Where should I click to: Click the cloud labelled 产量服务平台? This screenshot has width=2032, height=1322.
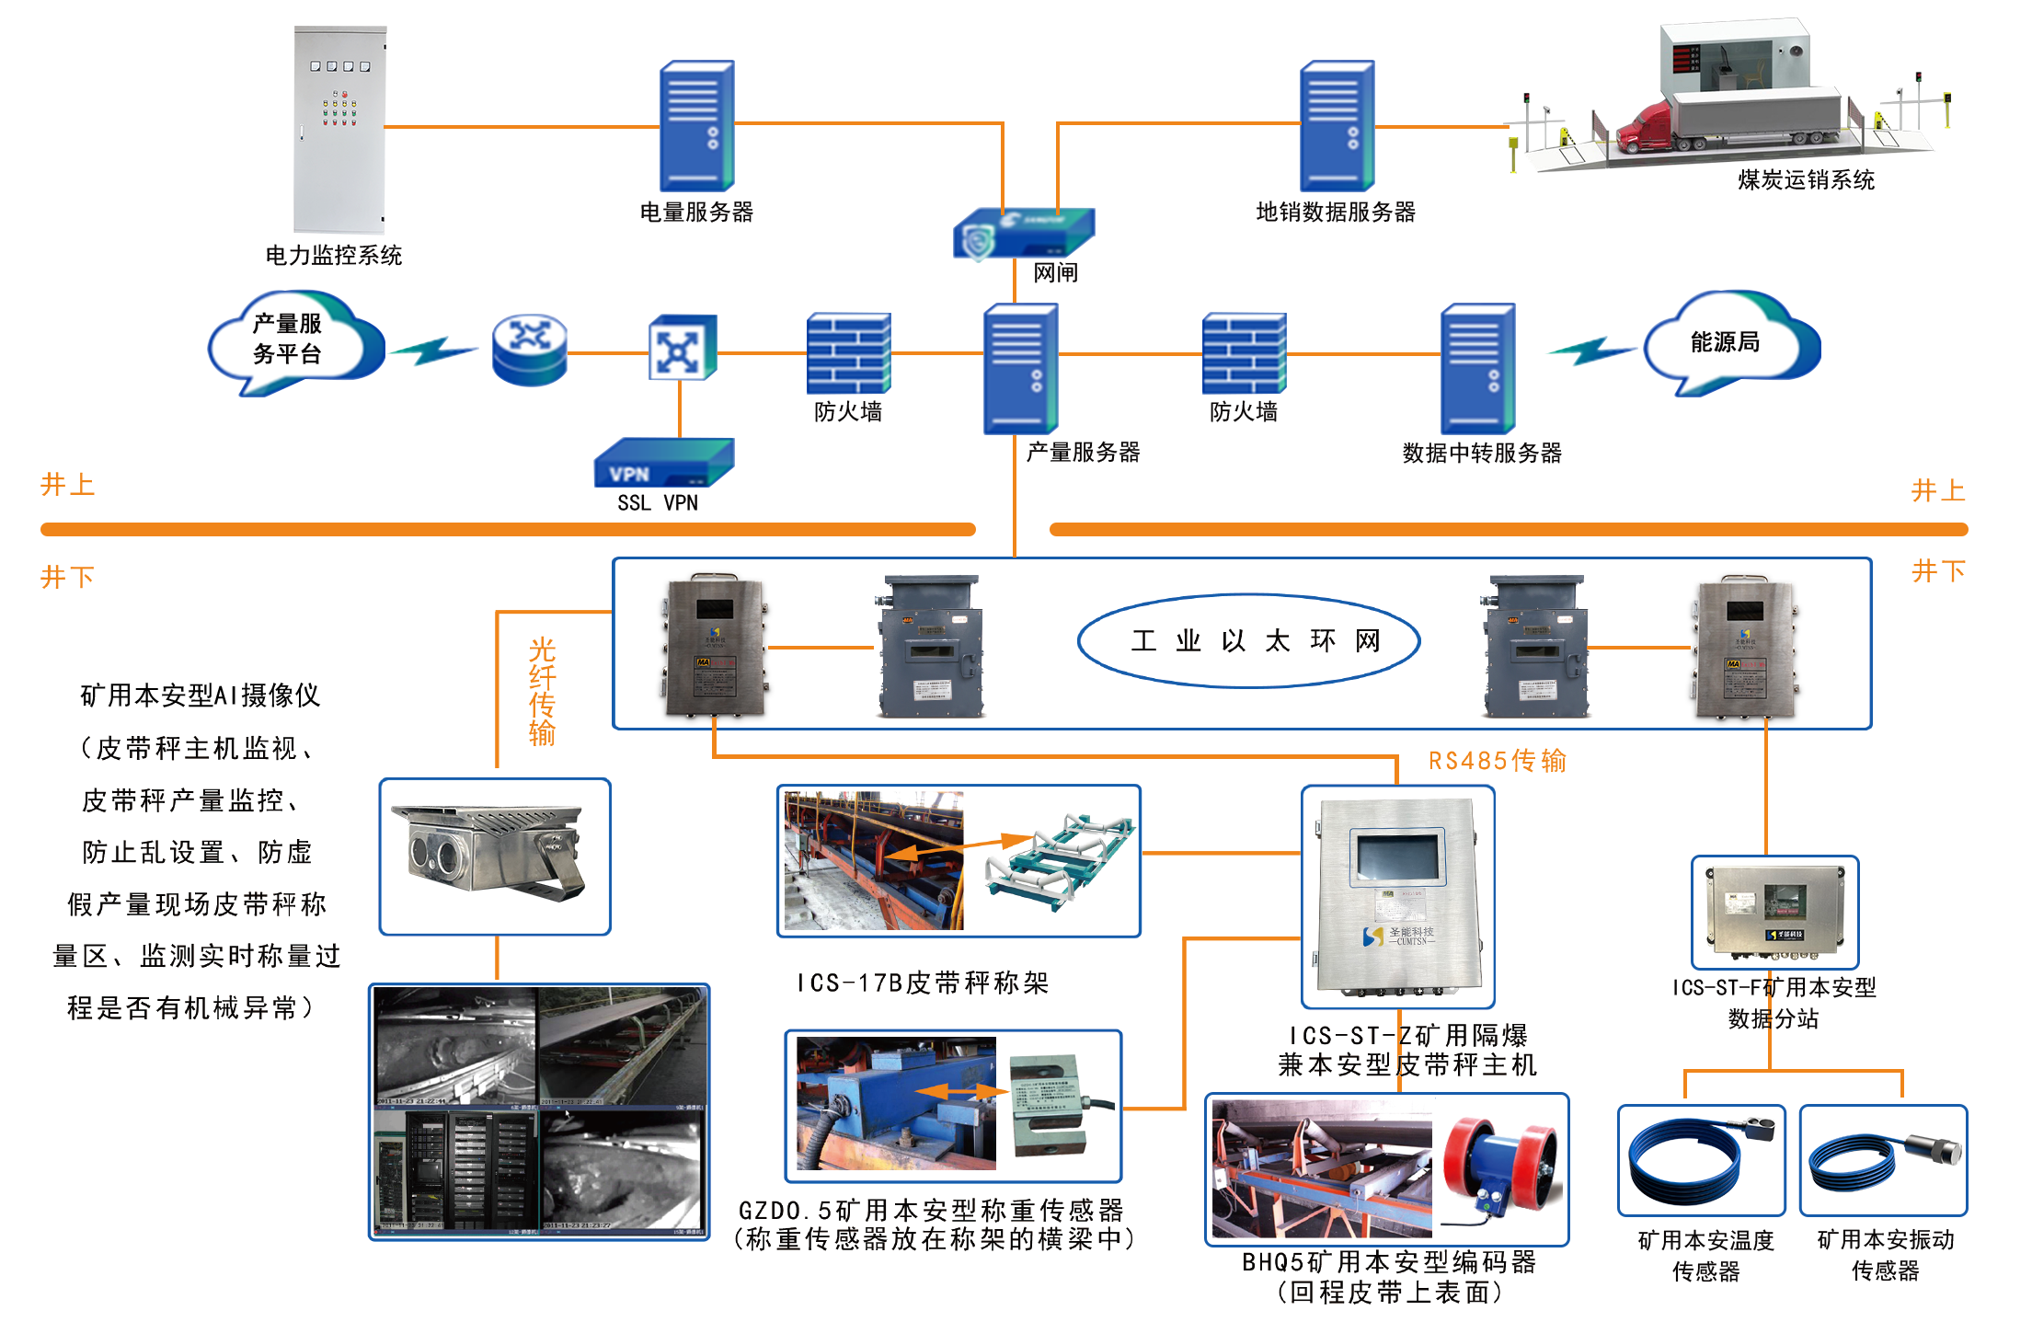click(290, 340)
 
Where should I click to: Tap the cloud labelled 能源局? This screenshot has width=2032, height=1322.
click(1728, 342)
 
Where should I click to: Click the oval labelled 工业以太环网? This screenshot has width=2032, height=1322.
click(1248, 640)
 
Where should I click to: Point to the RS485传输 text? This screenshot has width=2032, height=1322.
click(1497, 761)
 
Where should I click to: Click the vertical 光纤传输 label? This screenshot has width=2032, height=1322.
click(542, 691)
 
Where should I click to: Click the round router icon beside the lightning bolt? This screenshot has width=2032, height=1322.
click(530, 351)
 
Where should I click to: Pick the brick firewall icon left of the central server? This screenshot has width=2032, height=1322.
click(848, 353)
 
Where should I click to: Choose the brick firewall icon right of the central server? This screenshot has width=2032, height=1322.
click(1244, 353)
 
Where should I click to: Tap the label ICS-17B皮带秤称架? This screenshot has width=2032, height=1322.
click(923, 983)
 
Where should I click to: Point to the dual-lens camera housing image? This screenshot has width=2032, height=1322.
click(488, 853)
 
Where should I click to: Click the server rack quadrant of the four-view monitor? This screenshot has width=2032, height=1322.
click(455, 1172)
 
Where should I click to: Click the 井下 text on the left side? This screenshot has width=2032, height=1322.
click(67, 577)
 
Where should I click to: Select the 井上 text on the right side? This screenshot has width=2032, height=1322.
click(1938, 490)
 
